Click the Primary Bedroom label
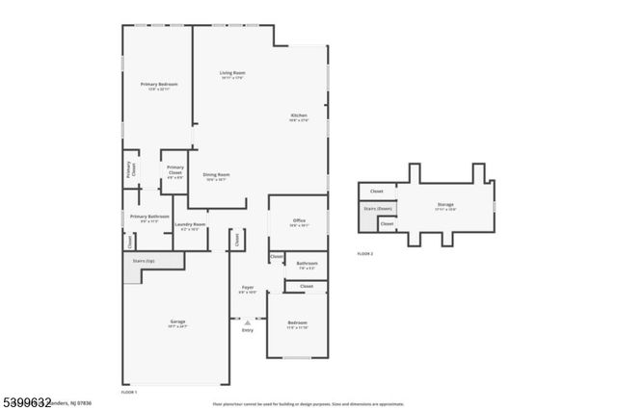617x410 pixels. pos(158,85)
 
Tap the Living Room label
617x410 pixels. pos(231,73)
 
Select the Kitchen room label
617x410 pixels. pos(299,116)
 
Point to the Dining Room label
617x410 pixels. pos(216,175)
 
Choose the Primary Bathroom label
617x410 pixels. pos(149,218)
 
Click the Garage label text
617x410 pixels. pos(177,321)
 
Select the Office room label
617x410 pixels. pos(299,221)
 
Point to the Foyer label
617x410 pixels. pos(248,287)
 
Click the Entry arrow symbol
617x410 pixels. pos(248,322)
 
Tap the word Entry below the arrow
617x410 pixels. pos(248,331)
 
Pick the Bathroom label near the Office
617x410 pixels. pos(307,263)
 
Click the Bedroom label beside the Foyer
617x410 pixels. pos(298,323)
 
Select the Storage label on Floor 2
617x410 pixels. pos(445,204)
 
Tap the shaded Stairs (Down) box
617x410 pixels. pos(377,208)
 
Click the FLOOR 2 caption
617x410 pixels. pos(364,253)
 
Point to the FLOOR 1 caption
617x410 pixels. pos(128,393)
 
